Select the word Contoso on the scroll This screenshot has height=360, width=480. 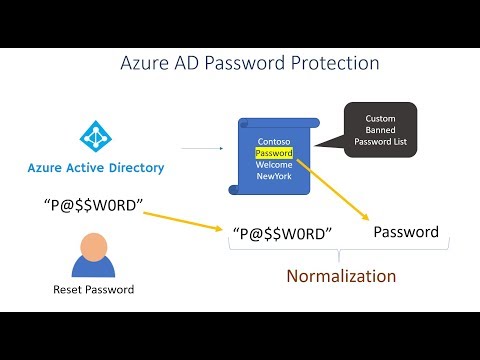[x=273, y=142]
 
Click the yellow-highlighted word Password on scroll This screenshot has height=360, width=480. [x=274, y=154]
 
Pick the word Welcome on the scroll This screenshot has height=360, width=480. [x=274, y=166]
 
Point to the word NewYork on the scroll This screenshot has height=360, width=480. [x=274, y=178]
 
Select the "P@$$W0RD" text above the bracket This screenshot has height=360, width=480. [x=281, y=234]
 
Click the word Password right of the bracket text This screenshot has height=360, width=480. [x=405, y=232]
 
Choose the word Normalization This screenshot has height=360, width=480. [x=341, y=275]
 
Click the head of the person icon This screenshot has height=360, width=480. [x=93, y=246]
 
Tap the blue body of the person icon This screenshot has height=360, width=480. [x=93, y=267]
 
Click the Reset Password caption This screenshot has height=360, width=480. [x=93, y=291]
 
